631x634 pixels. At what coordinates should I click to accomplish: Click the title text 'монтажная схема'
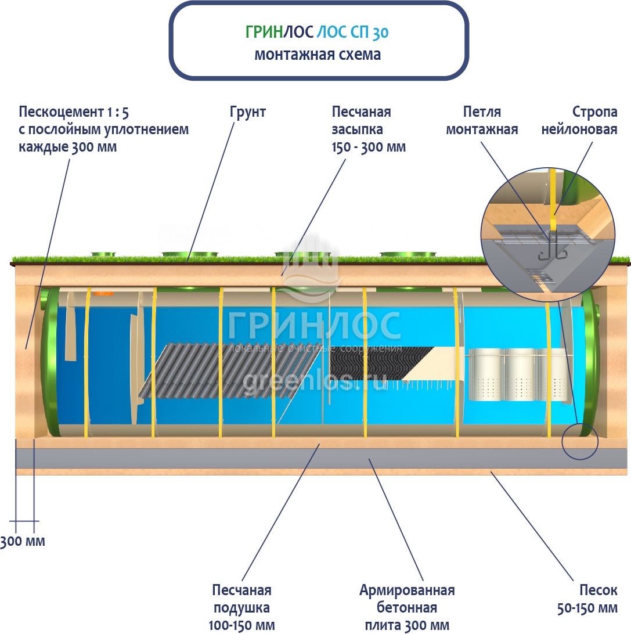pyautogui.click(x=318, y=55)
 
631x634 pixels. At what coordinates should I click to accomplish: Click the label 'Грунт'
pyautogui.click(x=247, y=112)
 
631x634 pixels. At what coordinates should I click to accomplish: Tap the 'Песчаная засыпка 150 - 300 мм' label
pyautogui.click(x=369, y=129)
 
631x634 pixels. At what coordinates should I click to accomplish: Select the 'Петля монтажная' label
pyautogui.click(x=482, y=120)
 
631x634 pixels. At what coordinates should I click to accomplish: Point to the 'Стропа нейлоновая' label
pyautogui.click(x=579, y=120)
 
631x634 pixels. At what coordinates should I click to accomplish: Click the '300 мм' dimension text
pyautogui.click(x=23, y=541)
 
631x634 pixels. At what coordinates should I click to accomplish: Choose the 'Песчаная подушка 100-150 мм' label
pyautogui.click(x=241, y=607)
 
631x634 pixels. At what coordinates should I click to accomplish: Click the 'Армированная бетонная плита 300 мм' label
pyautogui.click(x=406, y=607)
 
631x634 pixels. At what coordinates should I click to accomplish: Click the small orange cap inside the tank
pyautogui.click(x=104, y=293)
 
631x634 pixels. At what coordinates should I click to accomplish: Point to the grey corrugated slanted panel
pyautogui.click(x=232, y=370)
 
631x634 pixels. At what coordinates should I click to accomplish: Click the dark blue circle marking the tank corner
pyautogui.click(x=579, y=441)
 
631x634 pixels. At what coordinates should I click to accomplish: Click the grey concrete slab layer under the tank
pyautogui.click(x=319, y=459)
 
